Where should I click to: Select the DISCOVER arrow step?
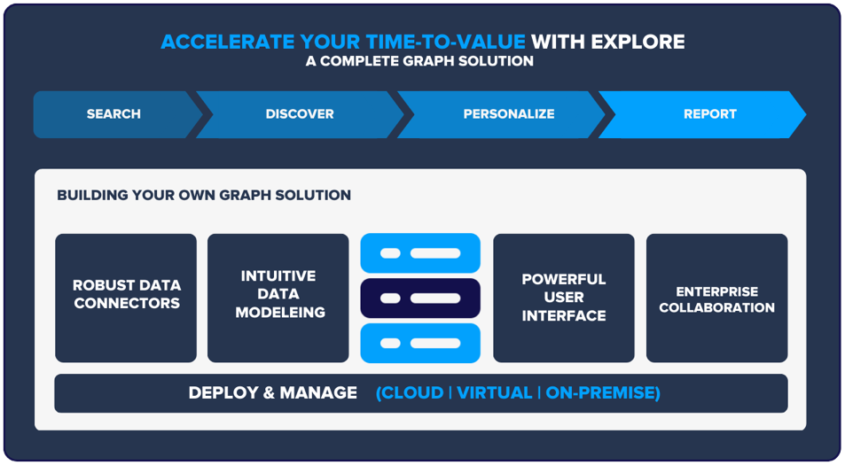(300, 114)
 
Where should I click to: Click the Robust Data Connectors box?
(126, 298)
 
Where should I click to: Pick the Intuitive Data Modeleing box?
(278, 298)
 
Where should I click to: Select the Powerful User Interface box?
(564, 298)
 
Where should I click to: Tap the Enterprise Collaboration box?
(716, 298)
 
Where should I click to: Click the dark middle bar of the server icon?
(420, 298)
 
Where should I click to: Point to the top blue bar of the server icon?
(420, 253)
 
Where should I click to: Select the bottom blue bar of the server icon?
(420, 343)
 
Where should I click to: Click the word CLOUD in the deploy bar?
(412, 393)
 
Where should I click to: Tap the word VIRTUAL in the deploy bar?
(494, 393)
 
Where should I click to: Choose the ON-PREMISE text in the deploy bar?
(600, 393)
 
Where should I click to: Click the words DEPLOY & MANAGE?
(273, 393)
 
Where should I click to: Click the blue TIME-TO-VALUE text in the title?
(445, 42)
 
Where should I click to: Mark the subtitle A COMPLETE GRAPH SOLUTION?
(419, 61)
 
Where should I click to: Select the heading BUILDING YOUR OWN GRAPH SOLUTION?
(204, 195)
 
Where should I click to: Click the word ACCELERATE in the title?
(227, 42)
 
